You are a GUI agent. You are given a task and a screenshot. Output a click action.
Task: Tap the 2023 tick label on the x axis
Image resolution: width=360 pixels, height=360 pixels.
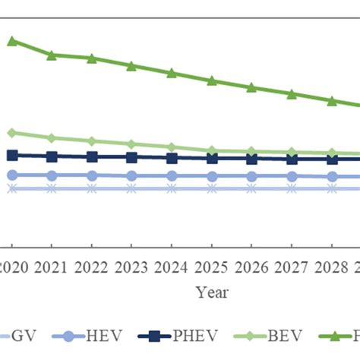tap(131, 267)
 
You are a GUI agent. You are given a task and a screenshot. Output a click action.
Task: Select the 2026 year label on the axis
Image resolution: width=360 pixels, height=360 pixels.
tap(251, 267)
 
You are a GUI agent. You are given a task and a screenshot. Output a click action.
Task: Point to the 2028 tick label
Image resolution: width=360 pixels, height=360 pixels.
tap(331, 267)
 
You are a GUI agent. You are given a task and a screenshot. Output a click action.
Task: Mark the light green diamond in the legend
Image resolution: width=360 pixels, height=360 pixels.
tap(260, 336)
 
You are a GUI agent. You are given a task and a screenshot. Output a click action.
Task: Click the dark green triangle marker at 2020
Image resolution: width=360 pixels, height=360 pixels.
tap(11, 40)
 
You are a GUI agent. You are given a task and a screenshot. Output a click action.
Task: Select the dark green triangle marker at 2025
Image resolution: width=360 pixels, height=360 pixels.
tap(211, 81)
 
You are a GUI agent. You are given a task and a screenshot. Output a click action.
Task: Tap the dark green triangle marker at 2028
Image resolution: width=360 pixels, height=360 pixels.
tap(331, 101)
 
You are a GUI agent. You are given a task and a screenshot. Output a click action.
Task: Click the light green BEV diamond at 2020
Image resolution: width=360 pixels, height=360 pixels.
tap(11, 133)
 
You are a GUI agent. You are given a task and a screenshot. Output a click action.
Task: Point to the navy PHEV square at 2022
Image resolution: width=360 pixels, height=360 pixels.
tap(91, 157)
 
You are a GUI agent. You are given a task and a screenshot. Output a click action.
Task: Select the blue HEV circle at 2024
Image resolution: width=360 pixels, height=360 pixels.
tap(171, 175)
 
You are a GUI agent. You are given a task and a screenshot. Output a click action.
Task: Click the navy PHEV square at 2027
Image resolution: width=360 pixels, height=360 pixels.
tap(291, 159)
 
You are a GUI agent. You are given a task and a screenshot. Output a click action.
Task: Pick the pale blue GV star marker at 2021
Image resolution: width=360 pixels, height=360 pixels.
tap(51, 188)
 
